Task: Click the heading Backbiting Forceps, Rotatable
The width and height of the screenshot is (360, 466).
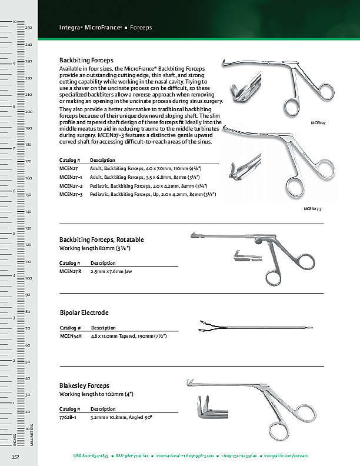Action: coord(101,239)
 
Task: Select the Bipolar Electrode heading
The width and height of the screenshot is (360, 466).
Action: coord(84,312)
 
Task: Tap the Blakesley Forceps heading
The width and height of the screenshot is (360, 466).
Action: coord(84,385)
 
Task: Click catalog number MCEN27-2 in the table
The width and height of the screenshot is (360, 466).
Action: coord(71,185)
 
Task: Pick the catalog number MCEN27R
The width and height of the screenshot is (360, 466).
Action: coord(70,272)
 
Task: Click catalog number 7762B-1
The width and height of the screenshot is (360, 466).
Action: coord(69,417)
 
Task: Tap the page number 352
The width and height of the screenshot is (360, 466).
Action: coord(16,457)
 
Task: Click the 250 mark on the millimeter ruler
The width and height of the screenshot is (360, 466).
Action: coord(28,28)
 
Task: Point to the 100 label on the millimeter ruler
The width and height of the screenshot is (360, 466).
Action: coord(28,278)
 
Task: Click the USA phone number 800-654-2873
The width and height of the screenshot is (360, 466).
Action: coord(91,456)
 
